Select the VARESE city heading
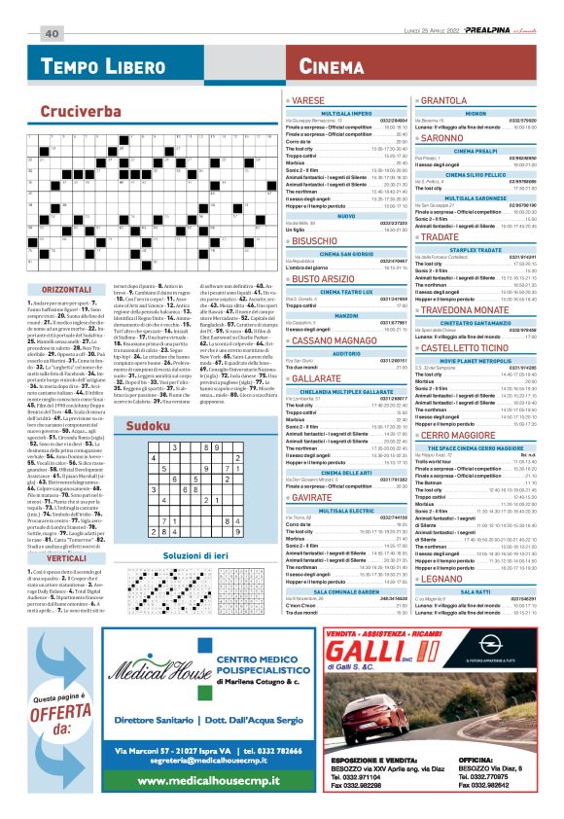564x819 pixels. coord(308,101)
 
